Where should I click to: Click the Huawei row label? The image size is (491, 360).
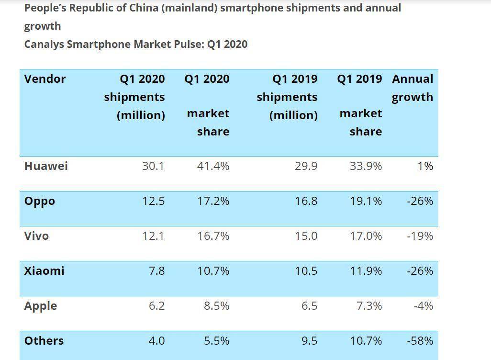(46, 166)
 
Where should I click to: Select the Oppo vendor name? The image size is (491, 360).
(39, 202)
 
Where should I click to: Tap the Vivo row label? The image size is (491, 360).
(36, 236)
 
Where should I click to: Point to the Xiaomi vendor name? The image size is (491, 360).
(44, 270)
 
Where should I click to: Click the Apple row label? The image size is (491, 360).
(41, 306)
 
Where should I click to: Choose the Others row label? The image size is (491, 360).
(44, 340)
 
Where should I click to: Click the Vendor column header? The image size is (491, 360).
(45, 79)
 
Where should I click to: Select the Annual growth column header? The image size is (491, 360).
(413, 88)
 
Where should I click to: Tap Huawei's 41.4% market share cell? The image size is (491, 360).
(213, 166)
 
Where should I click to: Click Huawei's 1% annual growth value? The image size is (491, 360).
(425, 166)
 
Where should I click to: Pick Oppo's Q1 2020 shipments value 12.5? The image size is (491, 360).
(154, 201)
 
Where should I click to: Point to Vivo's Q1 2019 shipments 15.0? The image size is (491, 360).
(306, 236)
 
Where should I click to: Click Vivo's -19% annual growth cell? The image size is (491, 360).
(420, 236)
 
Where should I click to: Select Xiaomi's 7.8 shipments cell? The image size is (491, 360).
(157, 270)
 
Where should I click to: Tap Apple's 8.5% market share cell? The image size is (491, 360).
(216, 306)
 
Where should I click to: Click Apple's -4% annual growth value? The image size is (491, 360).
(424, 306)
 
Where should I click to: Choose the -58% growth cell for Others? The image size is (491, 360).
(420, 340)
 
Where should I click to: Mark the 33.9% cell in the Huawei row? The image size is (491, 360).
(366, 166)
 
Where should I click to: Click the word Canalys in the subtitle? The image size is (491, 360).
(44, 45)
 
